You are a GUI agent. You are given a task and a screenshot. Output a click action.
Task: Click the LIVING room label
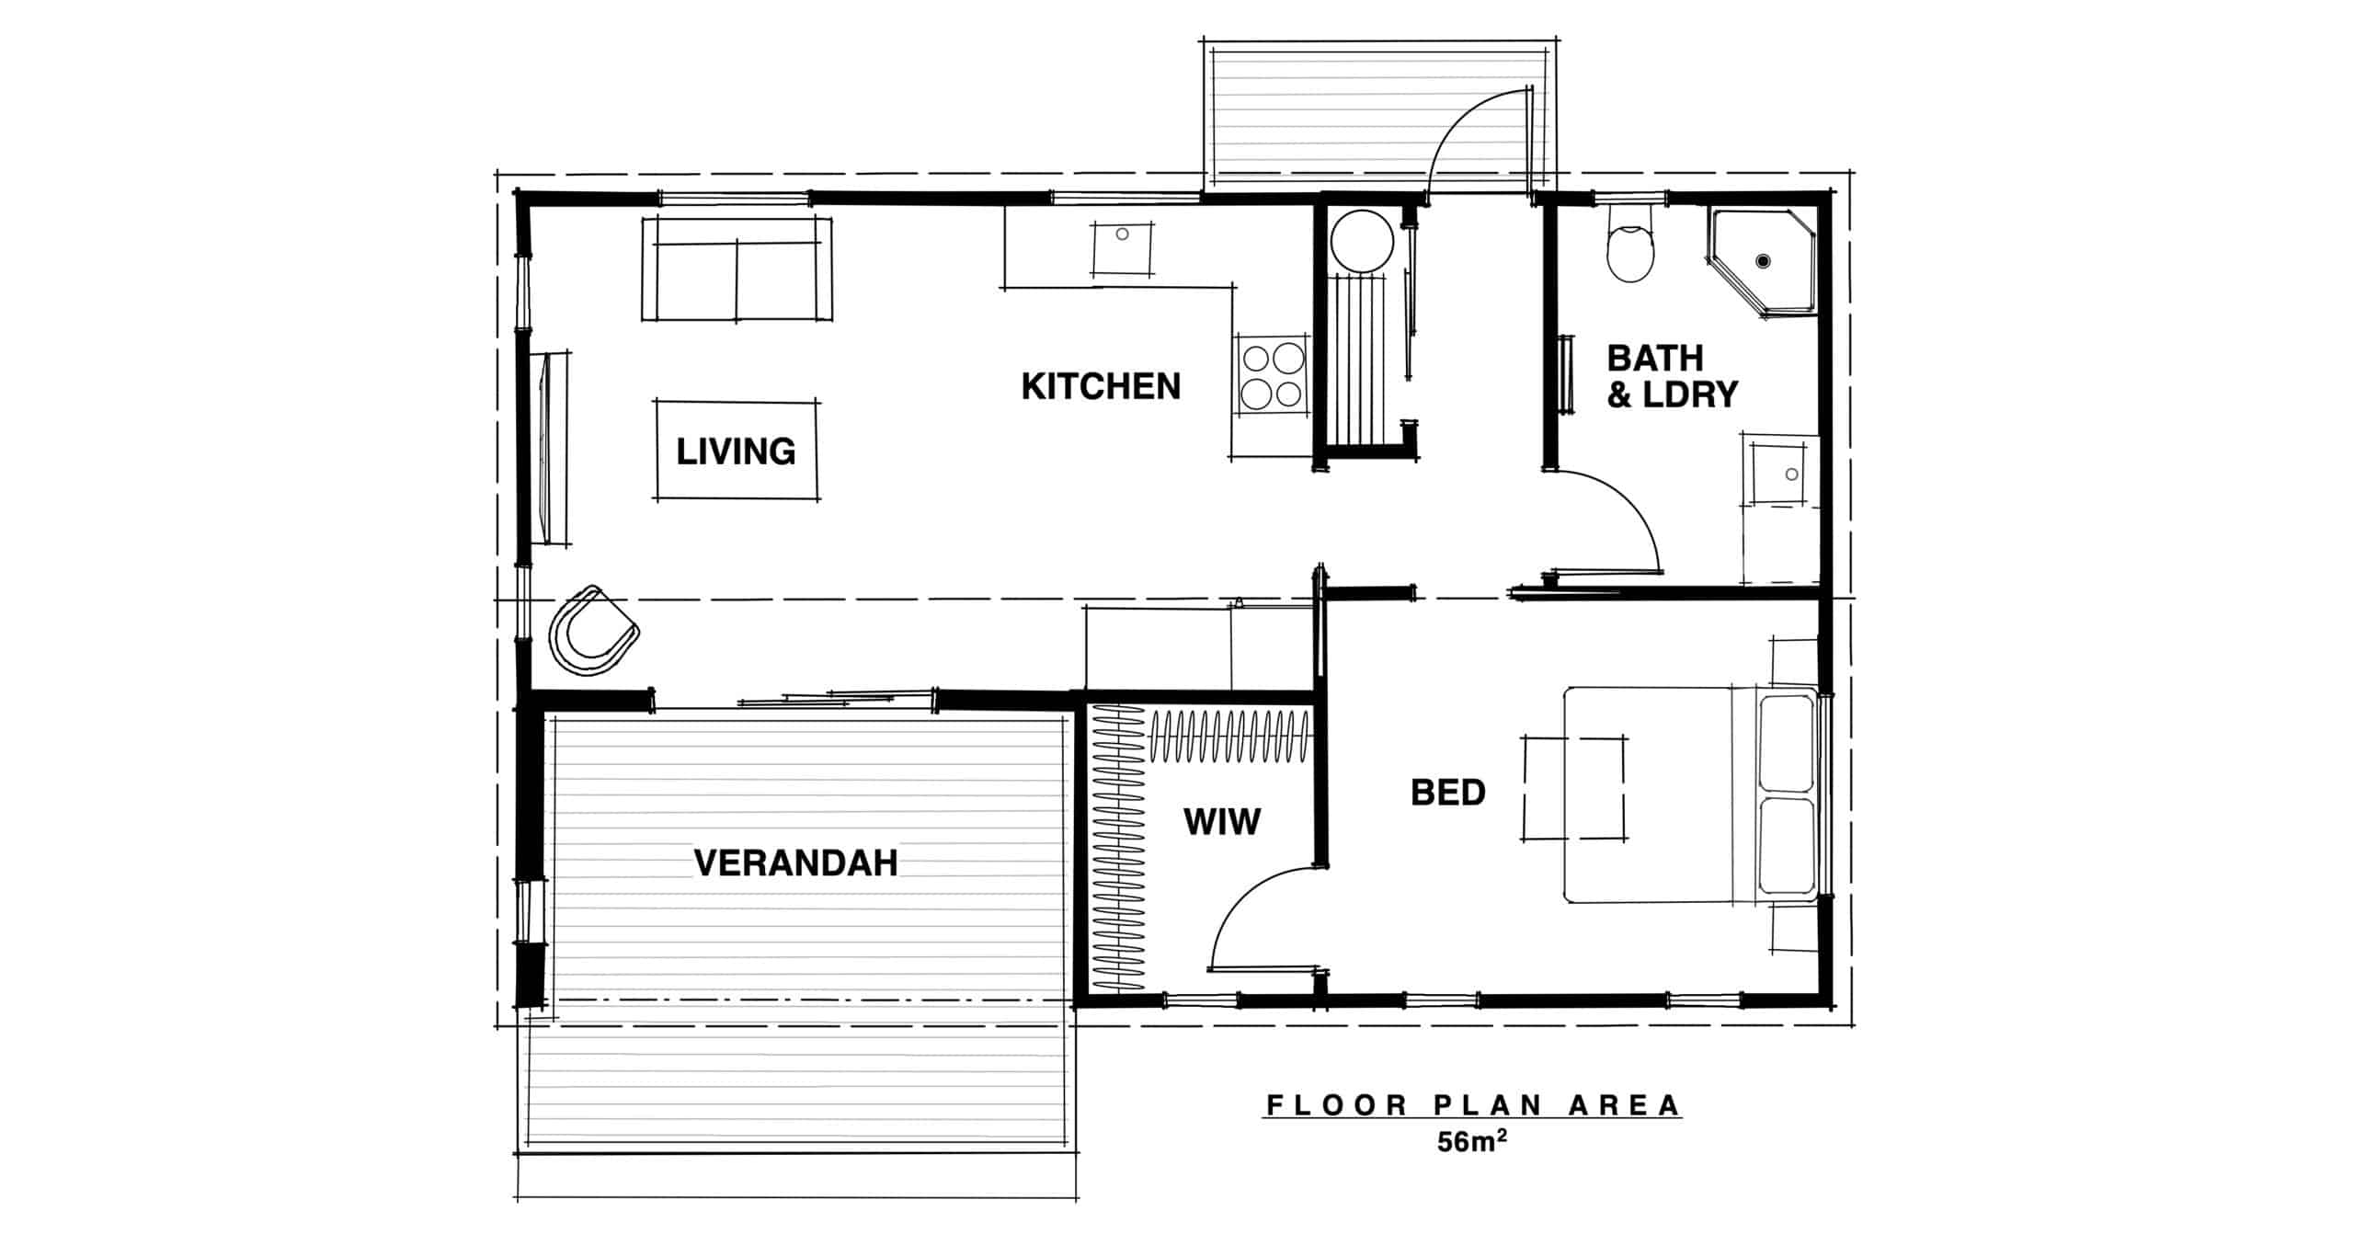tap(736, 451)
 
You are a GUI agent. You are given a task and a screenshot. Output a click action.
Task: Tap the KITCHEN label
tap(1101, 386)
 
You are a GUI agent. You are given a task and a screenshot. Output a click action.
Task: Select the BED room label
tap(1448, 792)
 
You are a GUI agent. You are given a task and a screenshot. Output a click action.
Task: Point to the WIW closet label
tap(1222, 821)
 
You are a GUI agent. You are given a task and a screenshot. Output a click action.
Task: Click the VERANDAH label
tap(795, 863)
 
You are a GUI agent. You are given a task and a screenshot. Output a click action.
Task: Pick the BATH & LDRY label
tap(1672, 375)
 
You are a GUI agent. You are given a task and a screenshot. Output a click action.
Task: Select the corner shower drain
tap(1762, 261)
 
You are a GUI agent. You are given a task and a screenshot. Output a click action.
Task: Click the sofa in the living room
tap(736, 269)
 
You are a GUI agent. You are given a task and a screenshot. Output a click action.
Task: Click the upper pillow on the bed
tap(1785, 743)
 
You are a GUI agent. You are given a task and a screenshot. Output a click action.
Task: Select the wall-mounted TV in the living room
tap(549, 448)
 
